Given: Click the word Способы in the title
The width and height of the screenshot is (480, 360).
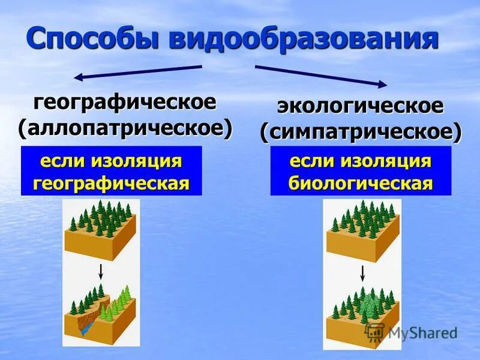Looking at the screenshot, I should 92,39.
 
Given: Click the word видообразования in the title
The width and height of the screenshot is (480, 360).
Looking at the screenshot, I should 303,39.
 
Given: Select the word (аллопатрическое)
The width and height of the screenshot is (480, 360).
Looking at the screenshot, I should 125,128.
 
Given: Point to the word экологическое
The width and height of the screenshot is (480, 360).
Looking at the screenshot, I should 360,106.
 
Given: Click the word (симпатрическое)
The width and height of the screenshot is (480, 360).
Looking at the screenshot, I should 361,132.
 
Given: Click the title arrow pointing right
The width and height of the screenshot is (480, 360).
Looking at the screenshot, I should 321,75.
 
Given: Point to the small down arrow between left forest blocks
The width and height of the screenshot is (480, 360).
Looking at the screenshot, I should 101,271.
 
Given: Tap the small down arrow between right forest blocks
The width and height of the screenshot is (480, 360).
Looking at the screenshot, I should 362,274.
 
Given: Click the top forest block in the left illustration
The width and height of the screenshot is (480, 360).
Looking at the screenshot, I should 101,231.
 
